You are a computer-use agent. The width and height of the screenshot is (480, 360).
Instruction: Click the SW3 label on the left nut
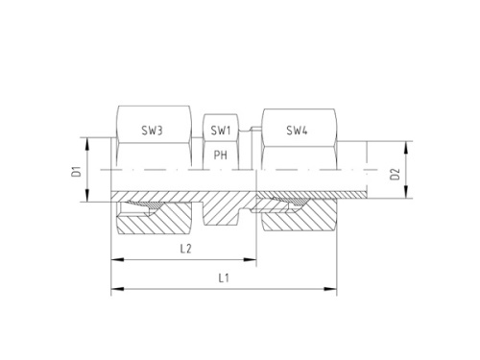(x=151, y=130)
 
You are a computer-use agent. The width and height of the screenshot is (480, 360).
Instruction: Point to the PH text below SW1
(x=220, y=154)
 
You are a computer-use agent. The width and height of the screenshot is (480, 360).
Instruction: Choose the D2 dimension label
(x=394, y=175)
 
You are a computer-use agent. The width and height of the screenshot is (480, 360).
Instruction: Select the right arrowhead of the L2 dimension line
(x=253, y=259)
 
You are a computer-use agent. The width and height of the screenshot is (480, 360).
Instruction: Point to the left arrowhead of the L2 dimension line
(x=115, y=259)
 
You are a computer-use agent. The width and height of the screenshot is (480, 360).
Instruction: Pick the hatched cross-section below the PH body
(x=221, y=213)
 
